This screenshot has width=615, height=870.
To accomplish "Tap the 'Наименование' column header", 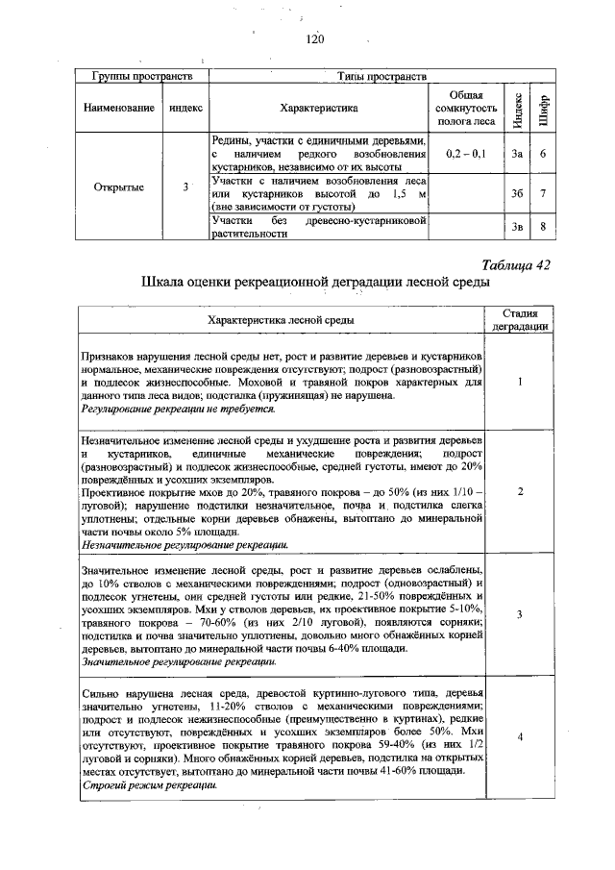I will (x=120, y=109).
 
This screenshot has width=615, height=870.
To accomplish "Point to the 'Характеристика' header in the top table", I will (x=318, y=109).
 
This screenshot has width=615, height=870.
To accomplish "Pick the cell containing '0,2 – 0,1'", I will (x=466, y=154).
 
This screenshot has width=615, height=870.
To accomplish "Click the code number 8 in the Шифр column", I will (x=543, y=227).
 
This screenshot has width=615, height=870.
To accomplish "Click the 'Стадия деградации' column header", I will (x=520, y=320).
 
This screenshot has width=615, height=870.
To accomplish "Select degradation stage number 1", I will (x=519, y=382).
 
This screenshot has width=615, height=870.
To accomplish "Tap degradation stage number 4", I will (x=519, y=736).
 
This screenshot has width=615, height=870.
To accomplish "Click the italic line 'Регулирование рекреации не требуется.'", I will (x=178, y=409).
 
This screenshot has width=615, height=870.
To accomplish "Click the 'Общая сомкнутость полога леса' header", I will (x=466, y=109).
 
